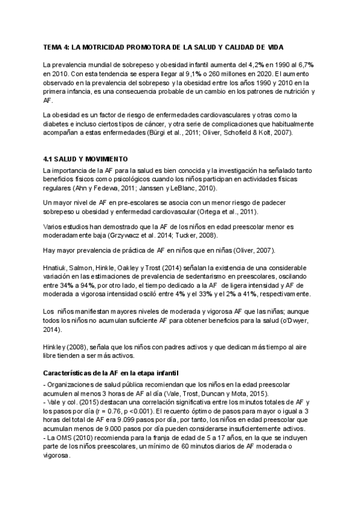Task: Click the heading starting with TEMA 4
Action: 163,47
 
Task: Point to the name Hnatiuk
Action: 56,267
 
